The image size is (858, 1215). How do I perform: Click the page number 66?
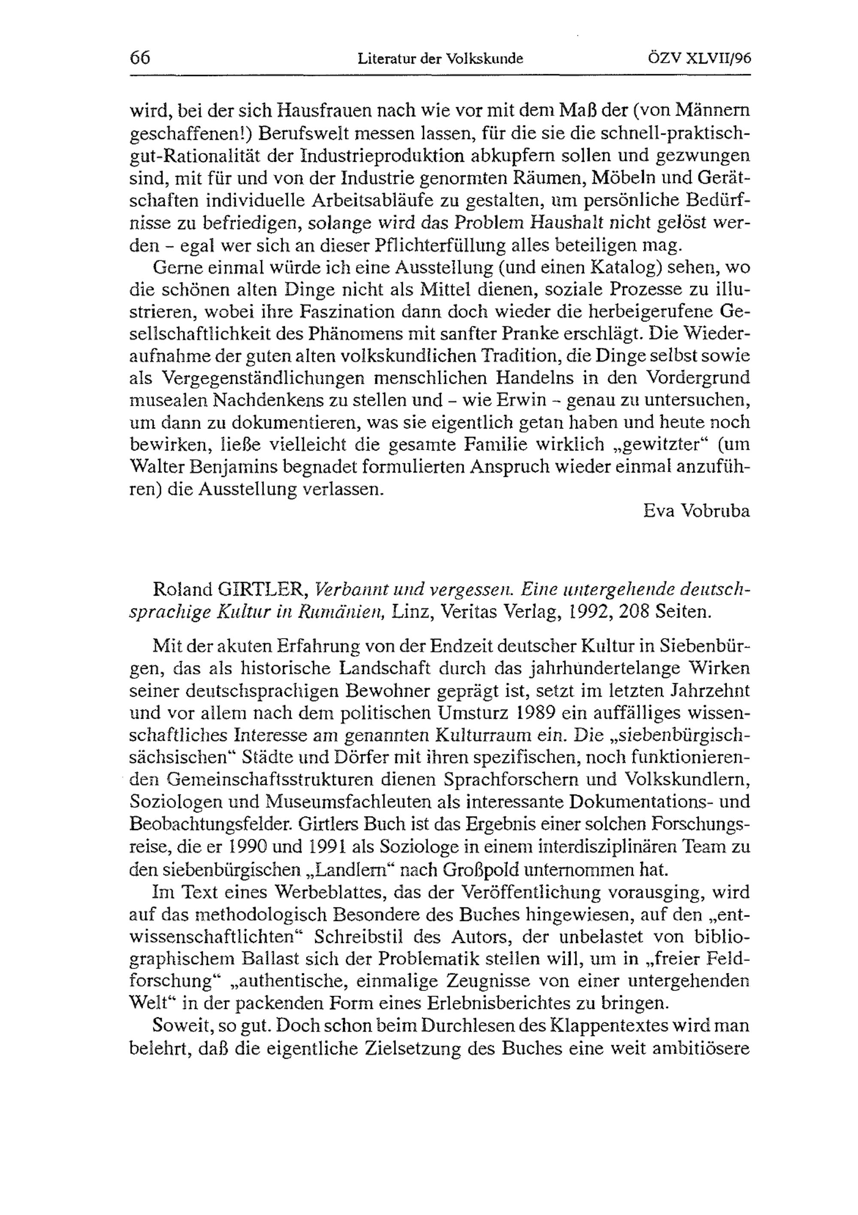(140, 58)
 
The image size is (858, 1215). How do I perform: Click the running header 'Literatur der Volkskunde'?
(440, 59)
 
